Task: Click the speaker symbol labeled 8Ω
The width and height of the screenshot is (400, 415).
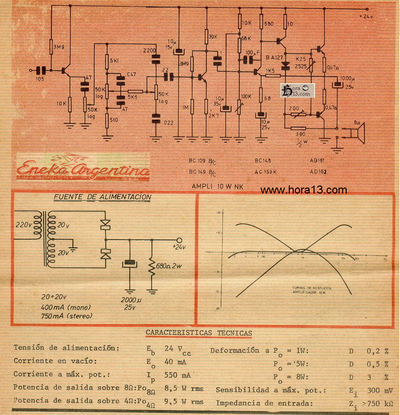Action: pyautogui.click(x=358, y=133)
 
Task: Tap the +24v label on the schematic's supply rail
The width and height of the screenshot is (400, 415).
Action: pyautogui.click(x=366, y=16)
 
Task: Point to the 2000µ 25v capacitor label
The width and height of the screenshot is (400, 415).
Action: pyautogui.click(x=131, y=304)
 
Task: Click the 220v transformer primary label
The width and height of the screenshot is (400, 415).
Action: pyautogui.click(x=24, y=224)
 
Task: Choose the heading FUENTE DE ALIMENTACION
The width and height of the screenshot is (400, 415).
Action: pyautogui.click(x=102, y=197)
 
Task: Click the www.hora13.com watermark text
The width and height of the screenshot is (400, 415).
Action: pyautogui.click(x=304, y=190)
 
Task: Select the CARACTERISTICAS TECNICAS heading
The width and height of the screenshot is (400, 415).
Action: pyautogui.click(x=199, y=333)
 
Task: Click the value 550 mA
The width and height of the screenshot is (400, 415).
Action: pyautogui.click(x=178, y=375)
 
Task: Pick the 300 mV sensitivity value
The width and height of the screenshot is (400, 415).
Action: pyautogui.click(x=379, y=390)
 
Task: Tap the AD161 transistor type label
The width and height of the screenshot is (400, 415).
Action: pyautogui.click(x=317, y=160)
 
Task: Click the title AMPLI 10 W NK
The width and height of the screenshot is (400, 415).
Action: pyautogui.click(x=217, y=187)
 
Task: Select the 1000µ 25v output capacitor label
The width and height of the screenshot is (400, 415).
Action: pyautogui.click(x=348, y=82)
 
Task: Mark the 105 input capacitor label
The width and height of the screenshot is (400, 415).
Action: pyautogui.click(x=40, y=79)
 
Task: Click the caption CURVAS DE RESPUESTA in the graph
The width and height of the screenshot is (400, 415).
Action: pyautogui.click(x=312, y=288)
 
